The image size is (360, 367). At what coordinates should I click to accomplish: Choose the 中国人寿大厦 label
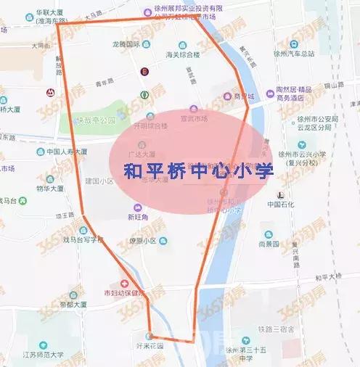(62, 152)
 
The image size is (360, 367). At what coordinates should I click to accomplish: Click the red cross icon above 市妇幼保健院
(125, 284)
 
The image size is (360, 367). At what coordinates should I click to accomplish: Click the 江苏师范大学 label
(43, 355)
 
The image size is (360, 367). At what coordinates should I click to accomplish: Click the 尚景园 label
(269, 244)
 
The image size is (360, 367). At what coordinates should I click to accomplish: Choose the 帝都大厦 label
(73, 305)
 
